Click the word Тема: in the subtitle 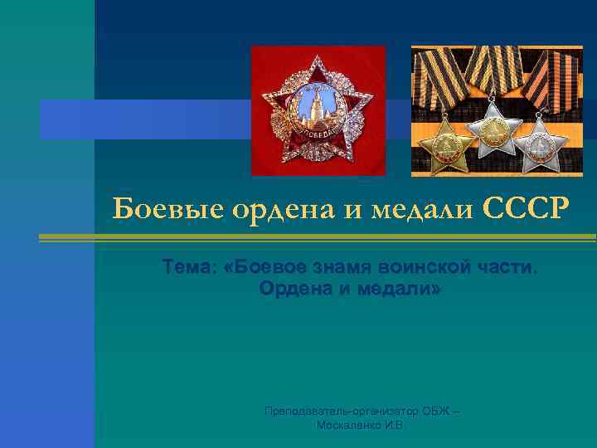(x=190, y=268)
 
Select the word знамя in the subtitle (x=342, y=268)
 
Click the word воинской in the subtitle (x=420, y=268)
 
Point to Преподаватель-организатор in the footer (x=328, y=411)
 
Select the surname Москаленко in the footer (x=348, y=425)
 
